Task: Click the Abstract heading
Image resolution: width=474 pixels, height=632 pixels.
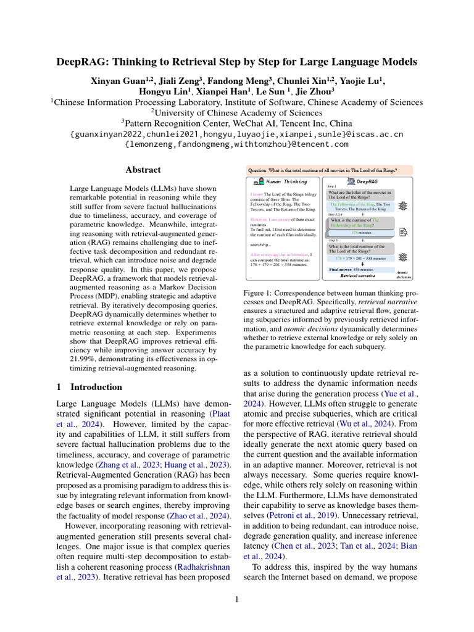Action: [143, 170]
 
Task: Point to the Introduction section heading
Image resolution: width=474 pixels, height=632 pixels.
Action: [95, 387]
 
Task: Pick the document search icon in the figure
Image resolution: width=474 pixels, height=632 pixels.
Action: [404, 232]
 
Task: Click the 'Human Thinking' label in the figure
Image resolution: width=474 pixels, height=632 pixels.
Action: [286, 182]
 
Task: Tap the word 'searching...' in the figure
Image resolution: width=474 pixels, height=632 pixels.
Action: [261, 244]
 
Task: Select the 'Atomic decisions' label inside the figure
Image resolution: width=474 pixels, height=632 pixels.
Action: [404, 274]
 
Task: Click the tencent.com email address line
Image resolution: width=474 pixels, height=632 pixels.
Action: [236, 144]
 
